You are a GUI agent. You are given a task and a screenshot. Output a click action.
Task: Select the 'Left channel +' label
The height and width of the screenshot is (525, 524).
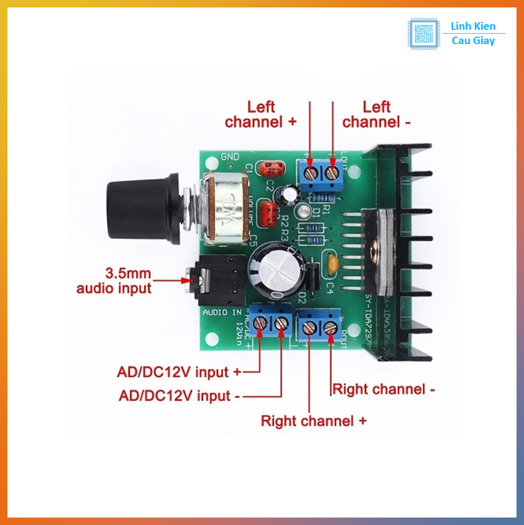tap(260, 114)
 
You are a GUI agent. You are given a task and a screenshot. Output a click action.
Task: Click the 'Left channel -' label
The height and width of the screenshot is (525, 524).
tap(376, 114)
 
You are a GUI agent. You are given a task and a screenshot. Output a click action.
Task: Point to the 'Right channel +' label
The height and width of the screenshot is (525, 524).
tap(314, 421)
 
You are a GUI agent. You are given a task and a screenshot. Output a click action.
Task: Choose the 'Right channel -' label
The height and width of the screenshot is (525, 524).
tap(384, 389)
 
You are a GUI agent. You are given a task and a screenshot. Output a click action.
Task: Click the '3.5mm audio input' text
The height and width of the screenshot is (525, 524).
tap(114, 280)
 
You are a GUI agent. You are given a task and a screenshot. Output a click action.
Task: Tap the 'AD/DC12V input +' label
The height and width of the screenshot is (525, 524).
tap(178, 372)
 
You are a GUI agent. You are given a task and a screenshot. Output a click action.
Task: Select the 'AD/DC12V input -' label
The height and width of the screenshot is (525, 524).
tap(178, 395)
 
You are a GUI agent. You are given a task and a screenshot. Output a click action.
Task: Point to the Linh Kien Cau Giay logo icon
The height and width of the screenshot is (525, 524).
tap(424, 34)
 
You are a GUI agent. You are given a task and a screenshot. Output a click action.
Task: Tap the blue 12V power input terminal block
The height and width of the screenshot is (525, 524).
tap(270, 322)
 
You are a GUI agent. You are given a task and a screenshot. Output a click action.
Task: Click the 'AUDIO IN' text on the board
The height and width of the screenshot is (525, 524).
tap(222, 312)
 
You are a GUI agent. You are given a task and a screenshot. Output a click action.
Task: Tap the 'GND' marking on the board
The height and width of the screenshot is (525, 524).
tap(229, 156)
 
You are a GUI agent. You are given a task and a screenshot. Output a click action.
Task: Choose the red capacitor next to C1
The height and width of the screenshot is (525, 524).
tap(272, 168)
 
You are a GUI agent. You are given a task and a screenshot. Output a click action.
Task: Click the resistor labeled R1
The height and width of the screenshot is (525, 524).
tap(324, 197)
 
